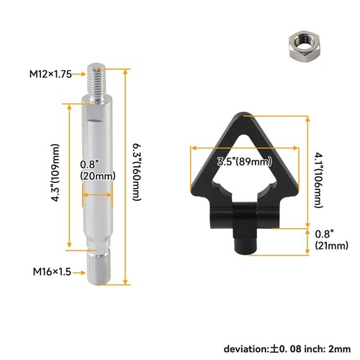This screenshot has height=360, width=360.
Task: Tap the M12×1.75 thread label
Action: tap(50, 74)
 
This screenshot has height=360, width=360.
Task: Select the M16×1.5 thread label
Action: tap(52, 272)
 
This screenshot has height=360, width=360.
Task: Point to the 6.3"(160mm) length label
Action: tap(138, 172)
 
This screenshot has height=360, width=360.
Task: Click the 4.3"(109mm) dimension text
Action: tap(55, 173)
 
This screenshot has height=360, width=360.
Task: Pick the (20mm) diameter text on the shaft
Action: tap(98, 176)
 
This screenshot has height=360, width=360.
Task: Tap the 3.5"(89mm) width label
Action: tap(245, 161)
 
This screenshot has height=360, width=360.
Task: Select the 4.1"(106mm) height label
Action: tap(320, 180)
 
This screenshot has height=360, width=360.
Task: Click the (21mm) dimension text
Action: tap(332, 246)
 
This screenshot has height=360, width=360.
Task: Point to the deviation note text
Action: tap(287, 348)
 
